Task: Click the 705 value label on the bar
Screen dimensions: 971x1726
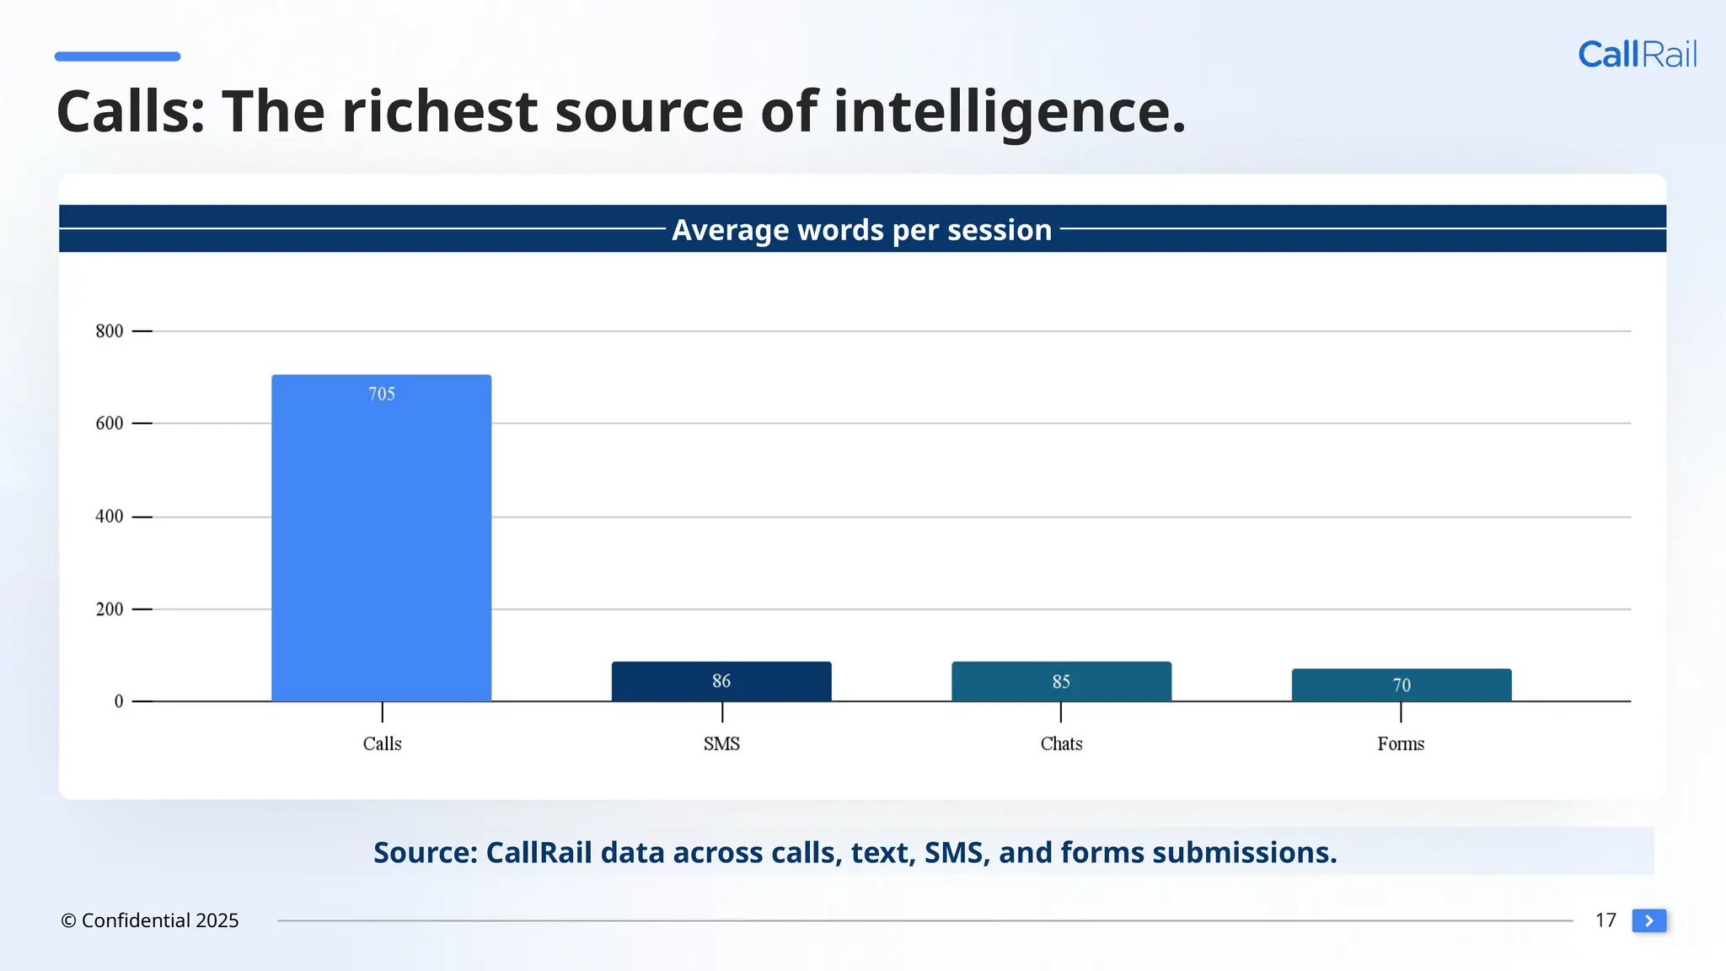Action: [x=382, y=394]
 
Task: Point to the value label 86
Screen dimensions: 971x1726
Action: [x=721, y=681]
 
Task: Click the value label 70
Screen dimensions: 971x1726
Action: [x=1401, y=685]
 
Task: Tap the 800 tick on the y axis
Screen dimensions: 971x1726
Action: [x=110, y=331]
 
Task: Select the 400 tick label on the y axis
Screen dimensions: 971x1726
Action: [x=110, y=516]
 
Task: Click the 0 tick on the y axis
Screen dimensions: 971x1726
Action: [x=119, y=701]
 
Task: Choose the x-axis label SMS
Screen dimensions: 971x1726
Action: [x=721, y=743]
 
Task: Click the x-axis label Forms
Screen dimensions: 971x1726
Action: [x=1401, y=743]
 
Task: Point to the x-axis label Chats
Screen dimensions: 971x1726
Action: [x=1061, y=743]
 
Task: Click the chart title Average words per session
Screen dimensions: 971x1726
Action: [x=861, y=229]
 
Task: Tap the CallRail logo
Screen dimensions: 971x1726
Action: [x=1637, y=55]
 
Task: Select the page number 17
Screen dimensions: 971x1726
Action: [x=1605, y=920]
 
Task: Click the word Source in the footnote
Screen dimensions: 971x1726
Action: [x=425, y=852]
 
